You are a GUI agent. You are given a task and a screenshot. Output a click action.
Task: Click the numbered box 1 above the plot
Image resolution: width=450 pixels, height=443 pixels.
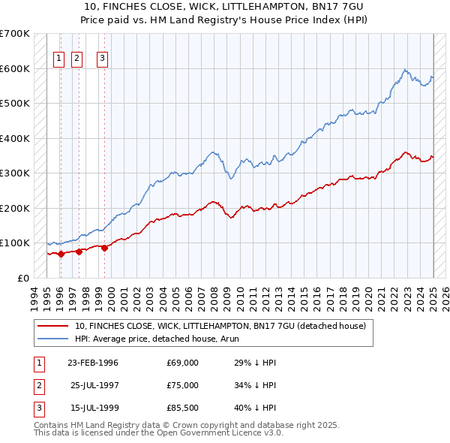[59, 62]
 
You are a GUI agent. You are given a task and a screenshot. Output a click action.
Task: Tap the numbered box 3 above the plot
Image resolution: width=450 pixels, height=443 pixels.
[102, 62]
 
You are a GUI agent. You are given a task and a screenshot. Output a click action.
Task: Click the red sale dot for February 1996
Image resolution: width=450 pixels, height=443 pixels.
[61, 254]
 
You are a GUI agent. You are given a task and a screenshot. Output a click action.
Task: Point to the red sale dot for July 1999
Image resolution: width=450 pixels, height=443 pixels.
[104, 249]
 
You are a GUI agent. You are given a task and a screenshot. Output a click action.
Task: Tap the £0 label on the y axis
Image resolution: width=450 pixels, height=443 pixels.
[22, 278]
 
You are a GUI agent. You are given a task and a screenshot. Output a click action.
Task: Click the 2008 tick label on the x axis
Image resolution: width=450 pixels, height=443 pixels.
[216, 296]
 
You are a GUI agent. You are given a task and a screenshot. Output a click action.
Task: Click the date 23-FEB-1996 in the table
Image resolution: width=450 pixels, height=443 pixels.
[93, 363]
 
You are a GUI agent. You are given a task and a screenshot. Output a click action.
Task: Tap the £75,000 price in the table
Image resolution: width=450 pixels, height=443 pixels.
[183, 385]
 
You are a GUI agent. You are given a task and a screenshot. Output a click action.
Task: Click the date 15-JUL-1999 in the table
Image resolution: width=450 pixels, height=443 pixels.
[93, 408]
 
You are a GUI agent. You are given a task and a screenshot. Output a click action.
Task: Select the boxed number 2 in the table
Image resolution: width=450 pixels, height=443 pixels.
[37, 385]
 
